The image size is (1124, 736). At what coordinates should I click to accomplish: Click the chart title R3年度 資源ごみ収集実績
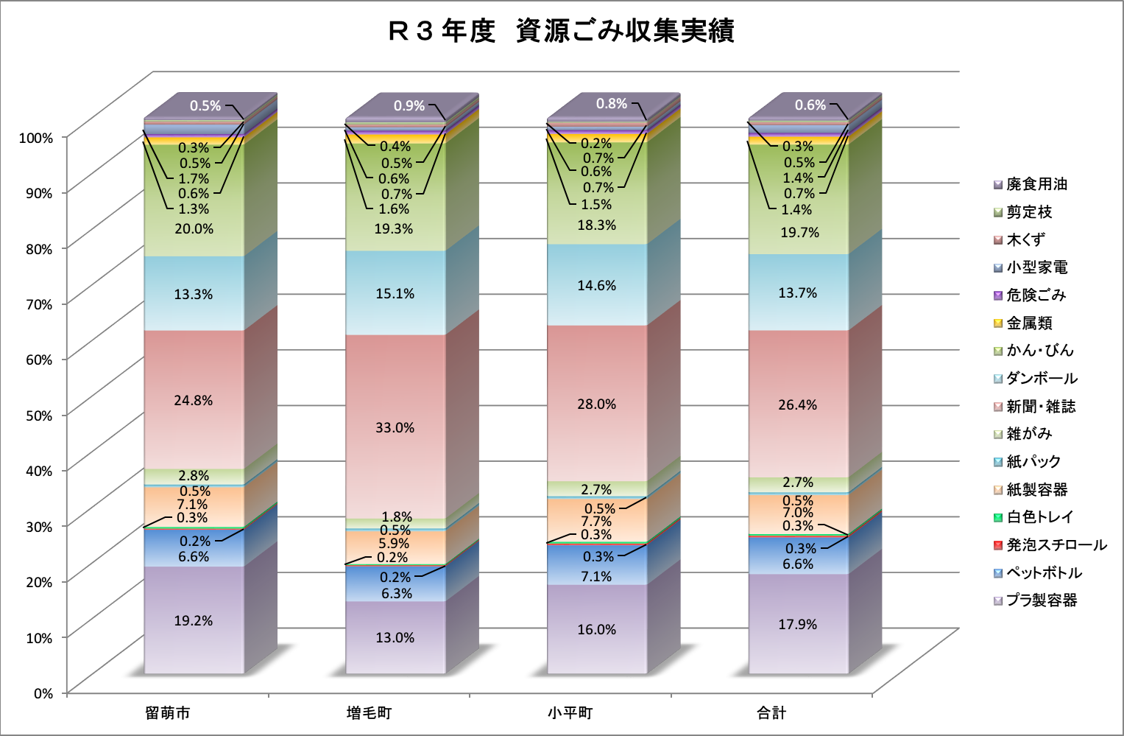tap(561, 31)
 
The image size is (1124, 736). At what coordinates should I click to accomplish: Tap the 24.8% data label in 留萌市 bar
tap(194, 400)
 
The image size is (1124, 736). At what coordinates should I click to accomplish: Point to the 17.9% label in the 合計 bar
tap(798, 624)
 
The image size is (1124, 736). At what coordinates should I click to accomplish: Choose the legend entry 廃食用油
tap(1036, 184)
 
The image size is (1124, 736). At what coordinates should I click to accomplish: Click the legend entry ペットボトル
tap(1044, 572)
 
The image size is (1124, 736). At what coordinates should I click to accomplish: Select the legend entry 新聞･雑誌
tap(1040, 406)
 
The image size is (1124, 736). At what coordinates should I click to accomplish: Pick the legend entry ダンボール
tap(1042, 378)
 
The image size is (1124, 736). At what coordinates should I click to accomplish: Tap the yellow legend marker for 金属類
tap(998, 323)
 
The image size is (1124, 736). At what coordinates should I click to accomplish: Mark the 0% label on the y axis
tap(43, 693)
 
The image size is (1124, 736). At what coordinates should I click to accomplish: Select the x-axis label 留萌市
tap(168, 712)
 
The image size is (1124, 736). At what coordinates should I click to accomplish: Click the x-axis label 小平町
tap(570, 712)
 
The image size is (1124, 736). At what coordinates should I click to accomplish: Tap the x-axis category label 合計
tap(771, 712)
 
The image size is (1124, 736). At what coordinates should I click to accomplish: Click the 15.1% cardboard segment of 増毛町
tap(395, 293)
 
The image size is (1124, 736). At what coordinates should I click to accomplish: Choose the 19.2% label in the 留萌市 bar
tap(194, 620)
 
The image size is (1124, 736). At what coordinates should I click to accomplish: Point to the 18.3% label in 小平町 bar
tap(597, 225)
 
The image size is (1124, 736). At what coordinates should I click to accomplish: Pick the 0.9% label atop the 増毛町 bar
tap(409, 105)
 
